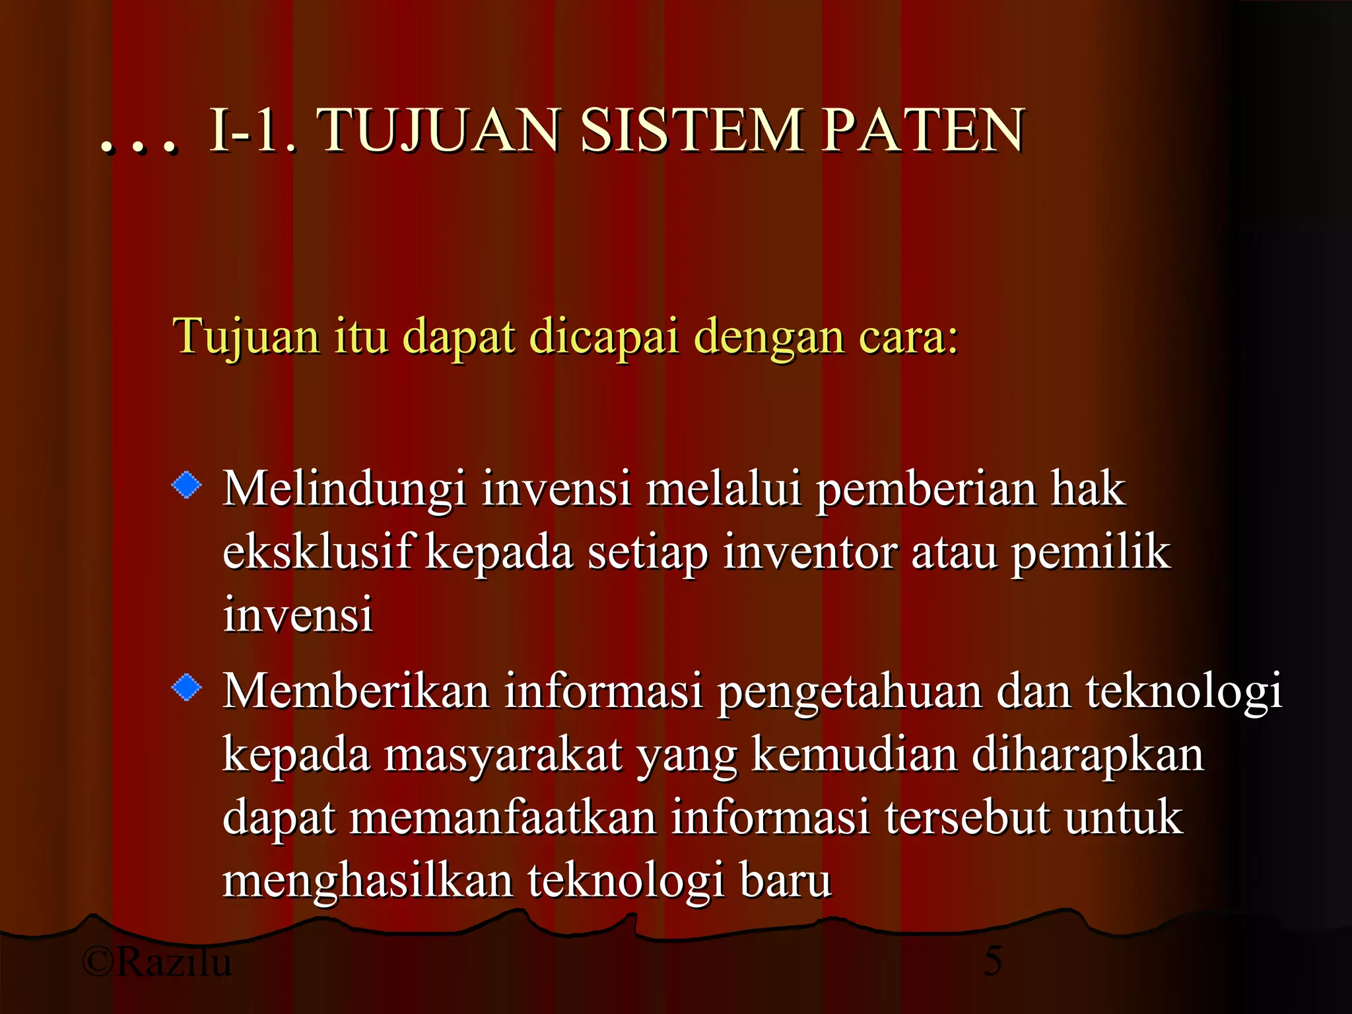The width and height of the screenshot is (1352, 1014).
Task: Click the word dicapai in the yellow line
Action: pyautogui.click(x=604, y=337)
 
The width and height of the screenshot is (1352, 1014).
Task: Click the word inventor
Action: pyautogui.click(x=809, y=553)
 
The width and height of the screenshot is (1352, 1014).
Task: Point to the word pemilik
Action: pyautogui.click(x=1091, y=553)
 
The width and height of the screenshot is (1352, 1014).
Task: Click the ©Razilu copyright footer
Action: pyautogui.click(x=157, y=961)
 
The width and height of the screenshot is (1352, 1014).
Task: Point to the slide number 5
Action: pyautogui.click(x=993, y=961)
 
